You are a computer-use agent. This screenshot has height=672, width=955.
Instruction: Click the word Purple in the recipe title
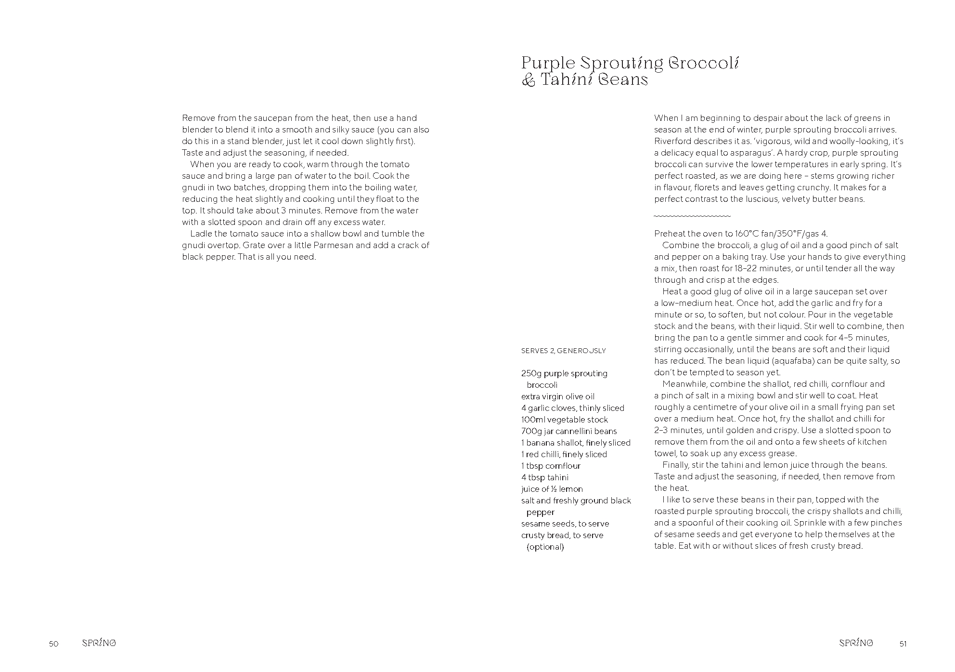pos(548,64)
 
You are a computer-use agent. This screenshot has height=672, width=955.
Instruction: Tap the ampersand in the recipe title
pos(528,80)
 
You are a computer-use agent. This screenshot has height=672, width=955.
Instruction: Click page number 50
pos(53,644)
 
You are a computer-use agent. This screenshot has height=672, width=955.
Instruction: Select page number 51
pos(903,644)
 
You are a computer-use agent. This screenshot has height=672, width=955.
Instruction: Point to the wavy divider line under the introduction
pos(692,216)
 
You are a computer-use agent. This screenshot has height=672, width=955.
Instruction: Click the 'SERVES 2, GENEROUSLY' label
pos(563,351)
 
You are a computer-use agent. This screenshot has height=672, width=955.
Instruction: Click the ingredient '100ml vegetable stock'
pos(564,420)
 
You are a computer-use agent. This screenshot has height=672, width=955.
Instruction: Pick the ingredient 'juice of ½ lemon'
pos(552,489)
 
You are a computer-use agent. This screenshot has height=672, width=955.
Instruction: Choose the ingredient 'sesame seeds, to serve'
pos(565,524)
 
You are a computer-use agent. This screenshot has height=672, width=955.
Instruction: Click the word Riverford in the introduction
pos(672,141)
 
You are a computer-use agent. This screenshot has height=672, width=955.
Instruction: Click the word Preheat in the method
pos(670,234)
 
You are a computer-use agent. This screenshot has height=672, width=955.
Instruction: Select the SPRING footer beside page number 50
pos(99,643)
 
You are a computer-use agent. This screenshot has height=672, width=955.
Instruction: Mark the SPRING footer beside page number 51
pos(856,643)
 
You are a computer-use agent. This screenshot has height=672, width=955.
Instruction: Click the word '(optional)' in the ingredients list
pos(545,547)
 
